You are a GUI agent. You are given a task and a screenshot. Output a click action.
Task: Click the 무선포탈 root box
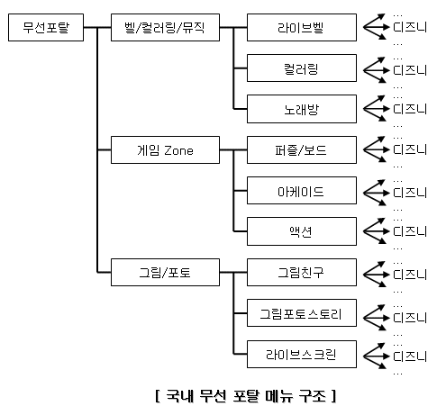tap(46, 27)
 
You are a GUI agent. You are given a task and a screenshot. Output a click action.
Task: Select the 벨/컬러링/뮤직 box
tap(165, 27)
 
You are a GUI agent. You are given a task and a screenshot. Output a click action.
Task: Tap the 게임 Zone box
tap(165, 149)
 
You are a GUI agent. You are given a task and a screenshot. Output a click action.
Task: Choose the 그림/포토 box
tap(165, 272)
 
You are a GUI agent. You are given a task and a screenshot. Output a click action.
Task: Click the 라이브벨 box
tap(302, 27)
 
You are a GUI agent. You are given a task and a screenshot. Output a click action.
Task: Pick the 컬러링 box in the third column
tap(302, 68)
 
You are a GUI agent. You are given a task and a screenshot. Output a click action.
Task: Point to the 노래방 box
tap(302, 109)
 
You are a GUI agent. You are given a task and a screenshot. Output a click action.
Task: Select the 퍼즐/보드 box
tap(302, 149)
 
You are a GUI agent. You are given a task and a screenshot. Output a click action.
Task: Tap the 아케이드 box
tap(302, 191)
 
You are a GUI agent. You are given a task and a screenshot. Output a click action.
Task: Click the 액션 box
tap(302, 231)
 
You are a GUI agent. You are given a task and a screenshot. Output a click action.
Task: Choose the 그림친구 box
tap(302, 272)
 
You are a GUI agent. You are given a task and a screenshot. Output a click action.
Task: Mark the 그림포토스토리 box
tap(302, 313)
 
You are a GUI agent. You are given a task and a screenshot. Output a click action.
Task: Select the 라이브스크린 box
tap(302, 354)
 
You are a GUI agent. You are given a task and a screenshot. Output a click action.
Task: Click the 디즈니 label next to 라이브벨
tap(410, 27)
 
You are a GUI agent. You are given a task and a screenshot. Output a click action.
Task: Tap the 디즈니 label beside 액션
tap(410, 231)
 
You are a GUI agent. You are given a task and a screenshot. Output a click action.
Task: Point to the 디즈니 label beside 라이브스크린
tap(410, 356)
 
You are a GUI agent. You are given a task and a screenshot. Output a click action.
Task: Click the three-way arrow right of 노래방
tap(376, 108)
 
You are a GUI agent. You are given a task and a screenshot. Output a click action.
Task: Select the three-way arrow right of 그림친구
tap(376, 275)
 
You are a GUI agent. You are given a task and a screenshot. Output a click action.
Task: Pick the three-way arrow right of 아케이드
tap(376, 193)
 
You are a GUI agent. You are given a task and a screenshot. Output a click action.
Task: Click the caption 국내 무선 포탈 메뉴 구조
tap(245, 396)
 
